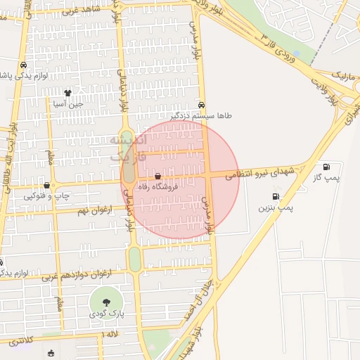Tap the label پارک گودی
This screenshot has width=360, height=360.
tap(106, 314)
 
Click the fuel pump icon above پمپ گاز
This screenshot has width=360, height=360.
tap(326, 167)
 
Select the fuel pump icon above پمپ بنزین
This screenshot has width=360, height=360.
tap(275, 196)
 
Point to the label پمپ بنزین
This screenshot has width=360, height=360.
tap(275, 208)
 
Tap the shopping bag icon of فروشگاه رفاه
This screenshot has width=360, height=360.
tap(157, 176)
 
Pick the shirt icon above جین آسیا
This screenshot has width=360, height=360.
tap(67, 92)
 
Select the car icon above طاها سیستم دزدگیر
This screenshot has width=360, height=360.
tap(202, 103)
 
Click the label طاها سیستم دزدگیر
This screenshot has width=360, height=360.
tap(201, 115)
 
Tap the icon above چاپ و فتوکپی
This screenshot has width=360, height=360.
tap(46, 185)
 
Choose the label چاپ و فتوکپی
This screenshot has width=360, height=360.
tap(47, 195)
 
